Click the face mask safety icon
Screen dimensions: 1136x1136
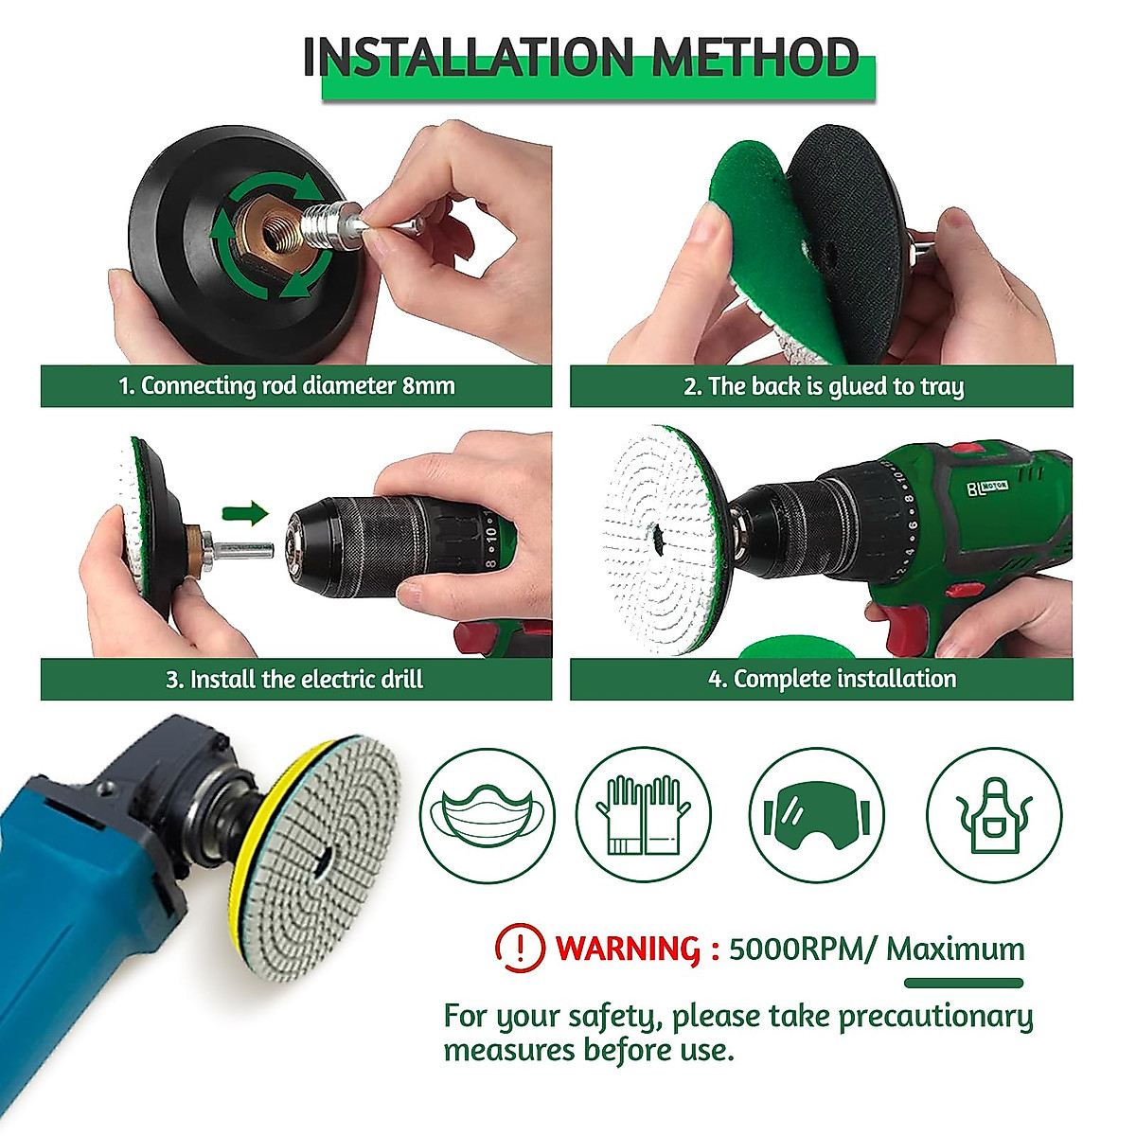pos(488,815)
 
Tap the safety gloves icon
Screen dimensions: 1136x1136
pos(644,815)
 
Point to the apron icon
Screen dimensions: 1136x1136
pos(994,815)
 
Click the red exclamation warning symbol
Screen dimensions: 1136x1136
pos(520,948)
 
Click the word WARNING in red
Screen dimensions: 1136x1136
pos(628,949)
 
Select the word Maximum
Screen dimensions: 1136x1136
pos(955,949)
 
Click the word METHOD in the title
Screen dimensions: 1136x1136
pos(754,58)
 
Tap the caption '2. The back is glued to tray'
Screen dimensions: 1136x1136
pos(822,386)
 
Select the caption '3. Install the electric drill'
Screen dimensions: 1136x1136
pos(294,679)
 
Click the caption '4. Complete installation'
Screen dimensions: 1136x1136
pos(832,679)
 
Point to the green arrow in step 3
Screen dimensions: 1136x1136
pos(245,514)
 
